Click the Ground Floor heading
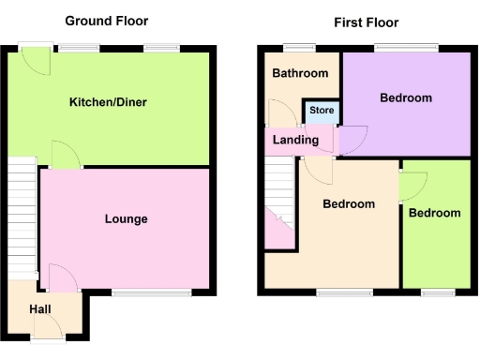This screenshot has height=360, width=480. point(105,21)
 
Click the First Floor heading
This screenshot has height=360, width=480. point(366,22)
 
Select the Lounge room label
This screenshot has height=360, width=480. point(126,219)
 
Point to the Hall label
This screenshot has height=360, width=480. point(40,308)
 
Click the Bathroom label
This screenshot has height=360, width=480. point(300,74)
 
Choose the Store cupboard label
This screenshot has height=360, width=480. point(322,111)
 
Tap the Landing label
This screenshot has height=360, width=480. point(295,141)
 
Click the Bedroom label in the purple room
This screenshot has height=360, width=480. point(406,97)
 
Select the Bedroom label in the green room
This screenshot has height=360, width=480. point(435,213)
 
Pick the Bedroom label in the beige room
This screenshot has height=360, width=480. point(349,204)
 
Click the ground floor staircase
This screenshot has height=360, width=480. point(22,216)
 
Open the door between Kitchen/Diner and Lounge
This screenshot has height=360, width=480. point(65,155)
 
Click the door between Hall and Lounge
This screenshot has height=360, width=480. point(61,277)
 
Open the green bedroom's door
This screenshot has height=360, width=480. point(410,187)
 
